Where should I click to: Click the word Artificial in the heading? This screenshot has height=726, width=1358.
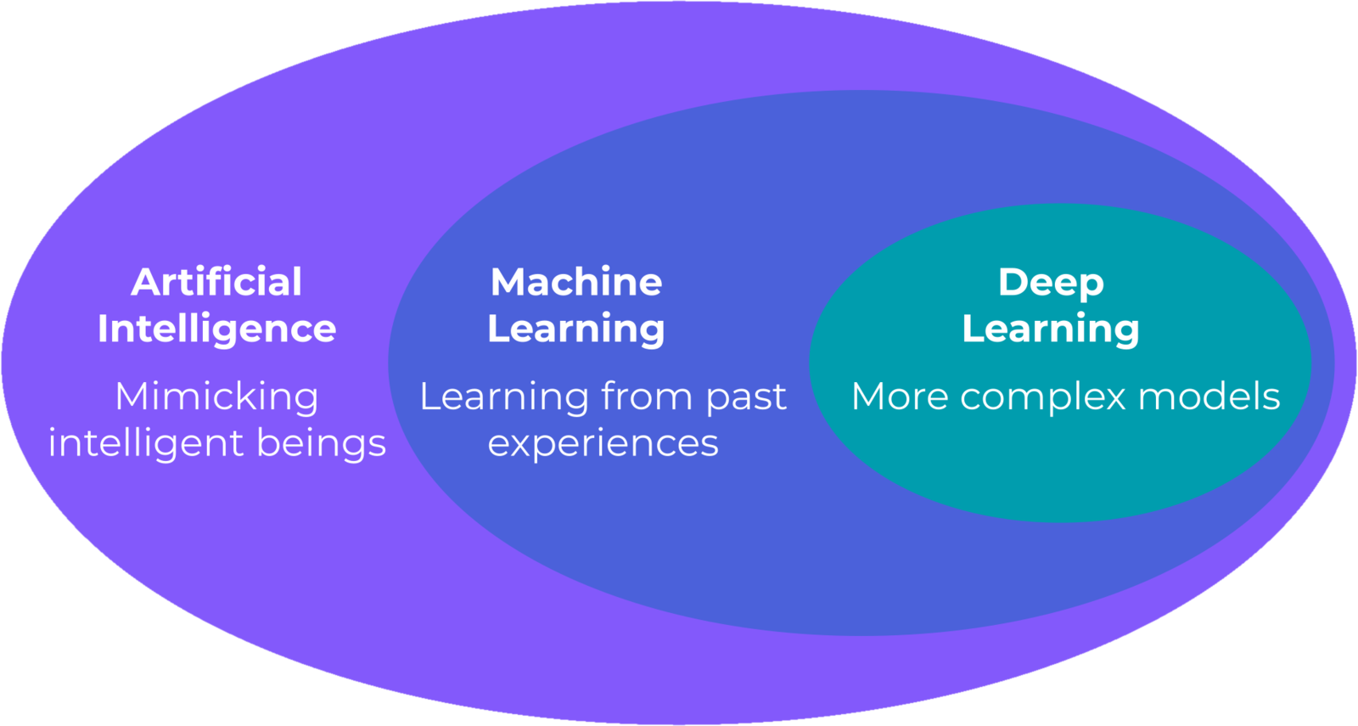tap(216, 282)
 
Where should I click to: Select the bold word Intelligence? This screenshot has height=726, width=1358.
tap(216, 329)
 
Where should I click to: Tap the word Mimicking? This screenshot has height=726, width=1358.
tap(216, 397)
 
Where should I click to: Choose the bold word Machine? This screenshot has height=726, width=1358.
tap(576, 282)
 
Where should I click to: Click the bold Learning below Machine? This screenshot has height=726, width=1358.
tap(576, 329)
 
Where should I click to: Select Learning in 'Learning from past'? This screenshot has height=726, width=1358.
tap(504, 397)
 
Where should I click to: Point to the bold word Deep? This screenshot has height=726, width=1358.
tap(1051, 283)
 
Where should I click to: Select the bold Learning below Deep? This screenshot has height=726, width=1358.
tap(1051, 329)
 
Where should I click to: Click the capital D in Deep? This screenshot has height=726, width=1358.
tap(1013, 282)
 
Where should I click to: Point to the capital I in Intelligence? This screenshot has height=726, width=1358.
tap(103, 329)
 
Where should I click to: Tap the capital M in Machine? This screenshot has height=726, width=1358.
tap(508, 282)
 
